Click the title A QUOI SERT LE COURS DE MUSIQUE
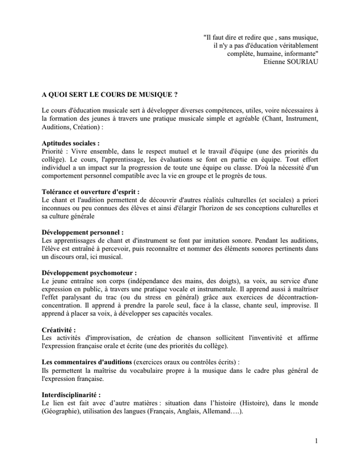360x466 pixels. pyautogui.click(x=110, y=93)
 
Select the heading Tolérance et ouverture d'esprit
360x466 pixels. pyautogui.click(x=90, y=190)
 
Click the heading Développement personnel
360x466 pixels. pyautogui.click(x=82, y=231)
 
